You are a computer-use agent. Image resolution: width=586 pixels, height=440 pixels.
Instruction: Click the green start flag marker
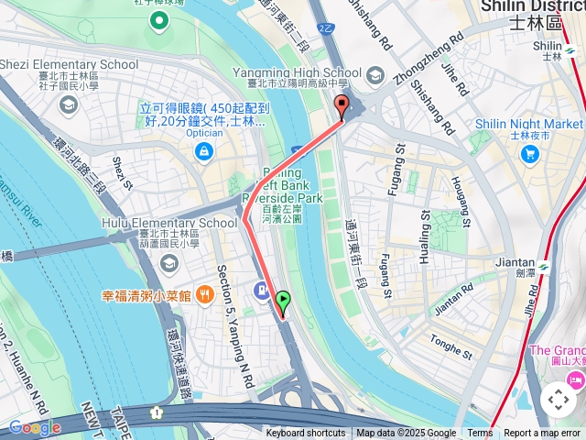(x=283, y=300)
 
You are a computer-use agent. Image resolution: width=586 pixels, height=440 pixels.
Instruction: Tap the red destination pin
(x=342, y=104)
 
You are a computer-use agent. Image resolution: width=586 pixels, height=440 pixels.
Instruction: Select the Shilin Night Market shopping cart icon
(x=529, y=154)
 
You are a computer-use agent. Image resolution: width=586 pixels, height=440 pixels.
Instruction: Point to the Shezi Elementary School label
(x=70, y=64)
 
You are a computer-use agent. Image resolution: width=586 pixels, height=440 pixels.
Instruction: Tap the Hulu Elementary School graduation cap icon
(x=168, y=263)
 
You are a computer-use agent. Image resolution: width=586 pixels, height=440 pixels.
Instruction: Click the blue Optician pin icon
(x=203, y=149)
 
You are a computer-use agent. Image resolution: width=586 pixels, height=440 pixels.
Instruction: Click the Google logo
(x=34, y=427)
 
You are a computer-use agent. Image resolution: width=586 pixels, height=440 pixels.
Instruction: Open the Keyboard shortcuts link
(x=306, y=434)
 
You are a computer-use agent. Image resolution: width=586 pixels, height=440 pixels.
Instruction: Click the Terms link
(x=480, y=434)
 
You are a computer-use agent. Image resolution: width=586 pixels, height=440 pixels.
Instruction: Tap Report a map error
(x=543, y=434)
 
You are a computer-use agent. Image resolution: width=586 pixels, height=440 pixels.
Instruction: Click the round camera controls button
(x=558, y=399)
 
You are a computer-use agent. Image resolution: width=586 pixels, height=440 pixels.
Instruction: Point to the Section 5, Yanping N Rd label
(x=233, y=324)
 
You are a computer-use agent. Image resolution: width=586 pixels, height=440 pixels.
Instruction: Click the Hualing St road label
(x=425, y=236)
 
